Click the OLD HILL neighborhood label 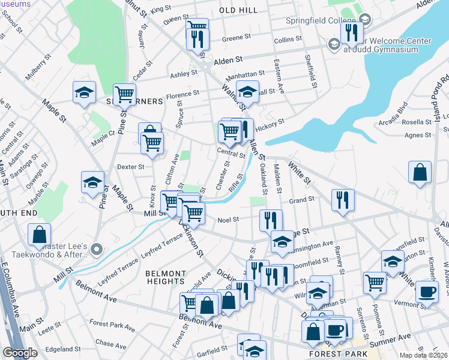coord(238,11)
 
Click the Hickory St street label coord(270,124)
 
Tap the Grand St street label coord(302,200)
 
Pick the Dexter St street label coord(131,167)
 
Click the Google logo coord(20,353)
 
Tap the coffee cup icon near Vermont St coord(427,291)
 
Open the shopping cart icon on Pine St coord(124,94)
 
